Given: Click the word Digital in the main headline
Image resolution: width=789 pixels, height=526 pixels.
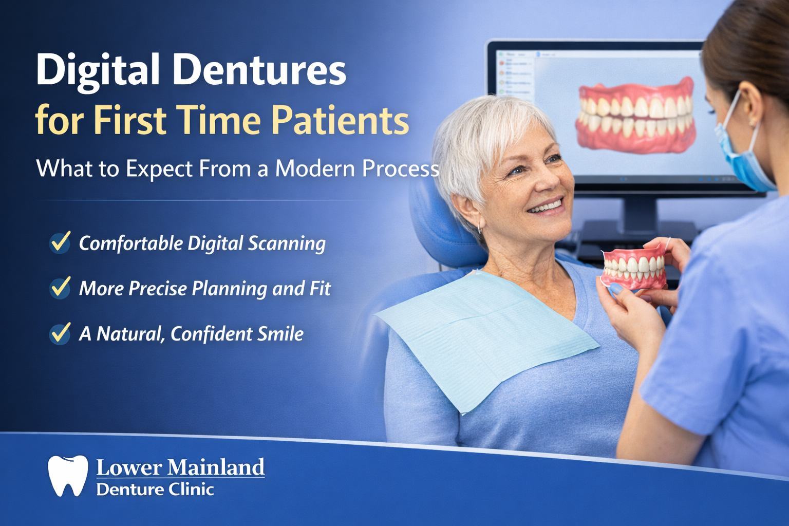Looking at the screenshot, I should tap(98, 70).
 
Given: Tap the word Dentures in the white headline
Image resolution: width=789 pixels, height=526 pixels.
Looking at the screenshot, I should tap(259, 70).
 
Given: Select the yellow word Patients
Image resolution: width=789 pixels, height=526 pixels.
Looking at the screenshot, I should tap(340, 121).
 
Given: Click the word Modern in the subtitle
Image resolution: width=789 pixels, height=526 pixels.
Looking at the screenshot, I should tap(315, 168).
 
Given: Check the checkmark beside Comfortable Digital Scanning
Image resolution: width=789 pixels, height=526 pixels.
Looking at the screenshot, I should tap(60, 242).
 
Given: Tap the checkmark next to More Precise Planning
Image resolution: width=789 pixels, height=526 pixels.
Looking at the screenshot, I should tap(60, 288).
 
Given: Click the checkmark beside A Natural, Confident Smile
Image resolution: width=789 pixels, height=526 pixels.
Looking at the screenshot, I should tap(60, 333).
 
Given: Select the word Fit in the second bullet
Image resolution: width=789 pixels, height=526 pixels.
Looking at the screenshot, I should tap(320, 289).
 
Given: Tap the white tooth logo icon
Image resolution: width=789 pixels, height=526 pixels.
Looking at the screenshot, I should tap(68, 475).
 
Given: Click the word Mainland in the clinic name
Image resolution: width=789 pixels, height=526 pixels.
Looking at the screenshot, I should tap(216, 467).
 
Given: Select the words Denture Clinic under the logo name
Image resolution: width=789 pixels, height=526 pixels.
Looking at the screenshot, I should tap(155, 490).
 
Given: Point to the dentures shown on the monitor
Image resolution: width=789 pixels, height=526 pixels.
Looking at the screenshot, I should tap(635, 116).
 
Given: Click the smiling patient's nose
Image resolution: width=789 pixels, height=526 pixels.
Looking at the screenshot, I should tap(547, 180).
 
